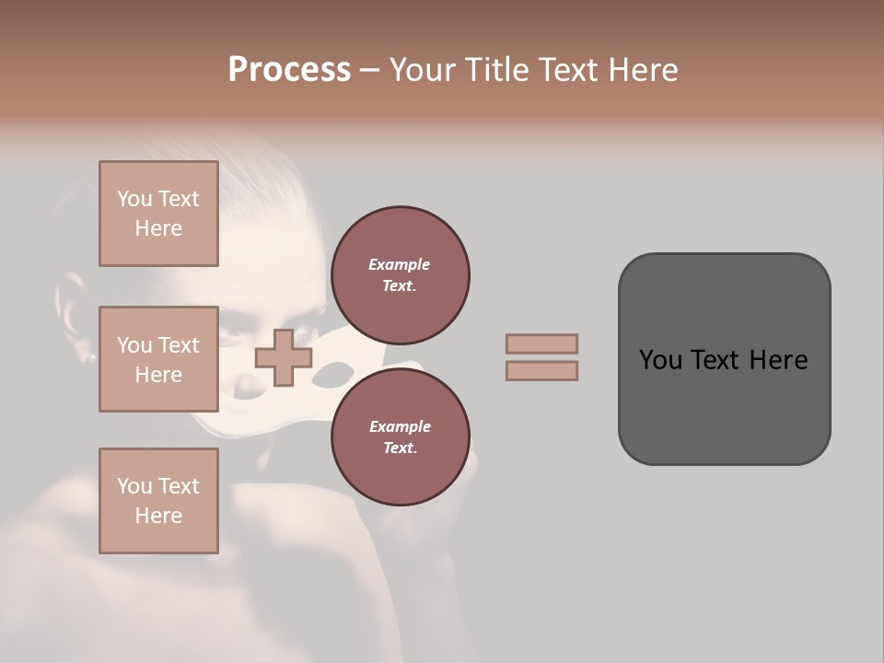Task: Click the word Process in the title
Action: coord(289,70)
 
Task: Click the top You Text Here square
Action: coord(158,214)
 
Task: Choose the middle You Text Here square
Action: coord(158,359)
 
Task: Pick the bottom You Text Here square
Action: coord(158,501)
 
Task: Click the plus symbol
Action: coord(283,357)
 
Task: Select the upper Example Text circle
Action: coord(400,274)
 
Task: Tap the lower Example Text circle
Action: coord(400,436)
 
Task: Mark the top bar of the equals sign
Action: coord(541,343)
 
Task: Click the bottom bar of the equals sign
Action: coord(541,370)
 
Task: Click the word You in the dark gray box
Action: coord(660,360)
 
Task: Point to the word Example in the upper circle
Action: coord(400,264)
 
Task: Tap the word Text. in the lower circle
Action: coord(400,448)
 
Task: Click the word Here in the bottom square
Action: coord(158,516)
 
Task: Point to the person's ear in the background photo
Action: coord(73,313)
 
